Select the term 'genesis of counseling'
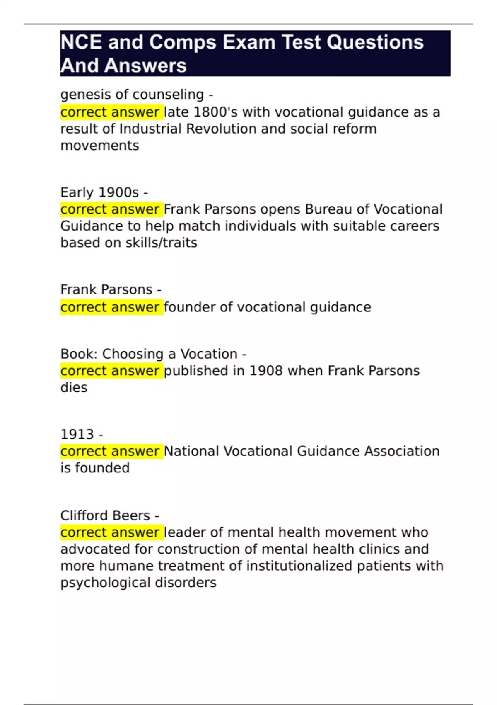(x=132, y=95)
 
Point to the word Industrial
(x=150, y=129)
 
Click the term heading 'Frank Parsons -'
(x=111, y=289)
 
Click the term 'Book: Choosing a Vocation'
(x=149, y=354)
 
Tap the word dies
(x=74, y=388)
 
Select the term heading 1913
(x=77, y=434)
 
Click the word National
(x=191, y=451)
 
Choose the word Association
(x=402, y=451)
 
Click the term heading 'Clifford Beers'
(x=105, y=515)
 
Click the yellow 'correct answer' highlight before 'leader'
(x=111, y=532)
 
